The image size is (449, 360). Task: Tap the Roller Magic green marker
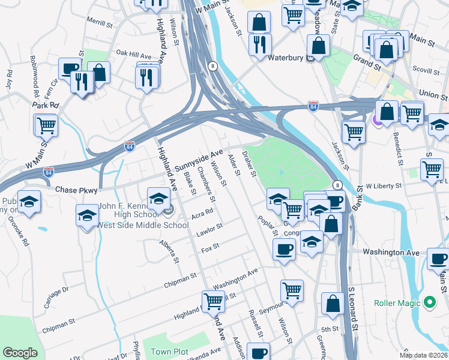tap(429, 302)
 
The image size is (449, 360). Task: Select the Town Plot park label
tap(169, 352)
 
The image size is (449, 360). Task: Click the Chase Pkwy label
tap(76, 190)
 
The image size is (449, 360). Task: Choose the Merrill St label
tap(99, 20)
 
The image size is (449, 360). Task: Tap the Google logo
tap(20, 353)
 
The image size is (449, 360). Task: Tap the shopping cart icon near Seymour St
tap(292, 290)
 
